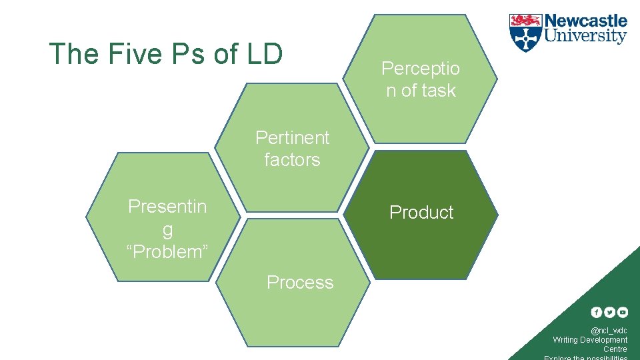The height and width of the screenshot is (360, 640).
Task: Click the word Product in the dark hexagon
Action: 421,212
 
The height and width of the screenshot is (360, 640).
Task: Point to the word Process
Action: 300,283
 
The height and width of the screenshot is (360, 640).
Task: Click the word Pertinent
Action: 293,137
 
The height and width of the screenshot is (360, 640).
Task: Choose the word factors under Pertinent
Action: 292,160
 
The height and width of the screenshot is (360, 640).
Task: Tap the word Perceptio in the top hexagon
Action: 421,68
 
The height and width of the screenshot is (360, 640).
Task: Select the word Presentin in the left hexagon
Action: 167,207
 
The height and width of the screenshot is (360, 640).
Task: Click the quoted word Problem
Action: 167,252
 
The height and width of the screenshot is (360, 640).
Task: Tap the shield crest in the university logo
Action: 525,33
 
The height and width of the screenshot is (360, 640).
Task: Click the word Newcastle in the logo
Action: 586,21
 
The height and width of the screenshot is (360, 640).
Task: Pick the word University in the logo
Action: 586,36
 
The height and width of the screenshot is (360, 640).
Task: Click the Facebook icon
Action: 597,312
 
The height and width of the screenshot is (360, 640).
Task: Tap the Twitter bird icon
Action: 609,312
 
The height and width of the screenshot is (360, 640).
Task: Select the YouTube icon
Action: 622,312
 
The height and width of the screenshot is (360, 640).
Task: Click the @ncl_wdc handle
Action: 609,331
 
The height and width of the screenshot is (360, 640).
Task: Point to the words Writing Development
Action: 590,340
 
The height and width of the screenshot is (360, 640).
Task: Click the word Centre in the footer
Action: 615,349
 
